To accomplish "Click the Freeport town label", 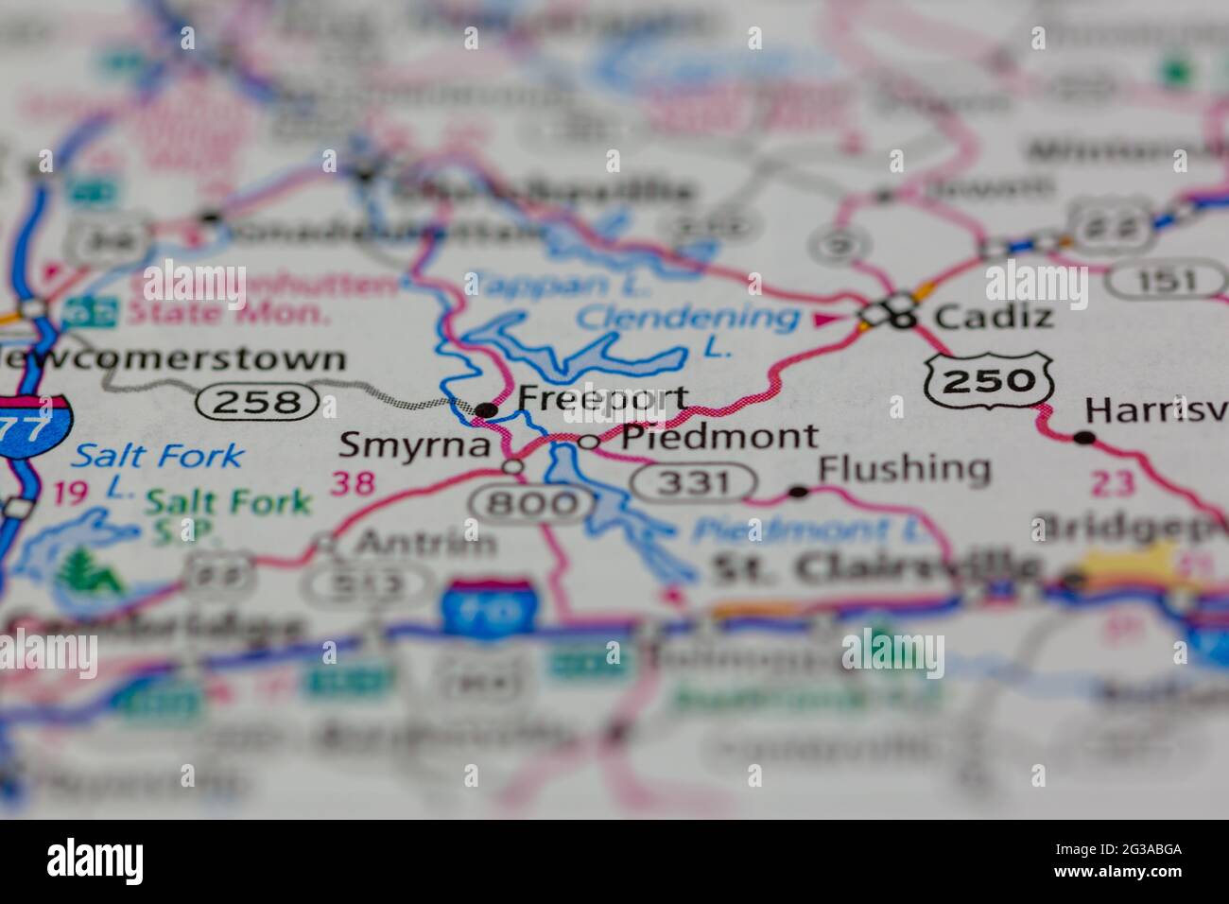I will [602, 398].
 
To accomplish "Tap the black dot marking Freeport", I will [486, 409].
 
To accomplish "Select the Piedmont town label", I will [719, 436].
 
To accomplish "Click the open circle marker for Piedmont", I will [588, 441].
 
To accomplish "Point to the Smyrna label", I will [416, 444].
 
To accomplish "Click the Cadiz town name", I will [993, 316].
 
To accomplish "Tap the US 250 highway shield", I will [990, 380].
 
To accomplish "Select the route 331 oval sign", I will [693, 483].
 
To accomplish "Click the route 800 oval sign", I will [534, 502].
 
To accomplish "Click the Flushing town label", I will [904, 468].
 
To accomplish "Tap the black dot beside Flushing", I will [797, 491].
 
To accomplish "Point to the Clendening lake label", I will [687, 319].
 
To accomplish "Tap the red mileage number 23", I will [1111, 483].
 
